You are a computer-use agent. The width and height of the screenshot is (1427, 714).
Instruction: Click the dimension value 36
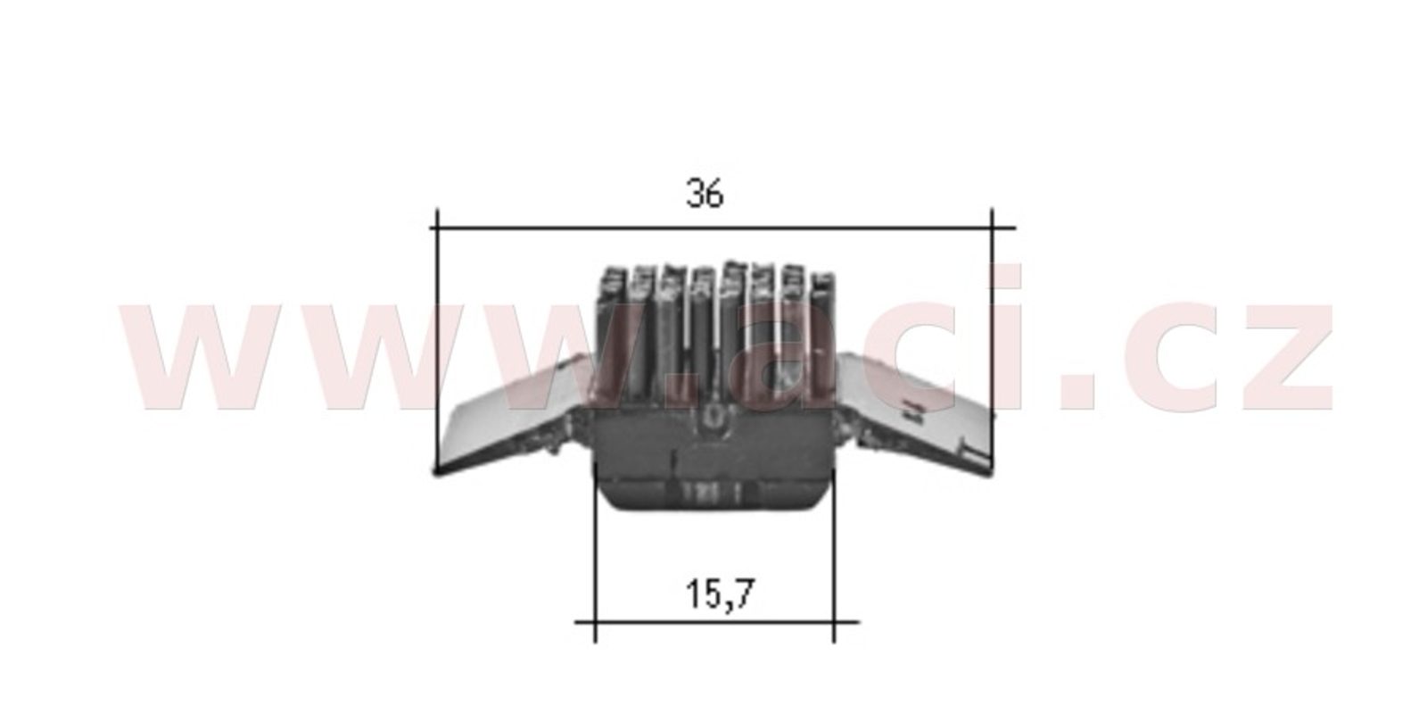click(x=705, y=193)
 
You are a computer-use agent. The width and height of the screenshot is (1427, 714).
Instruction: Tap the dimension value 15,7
click(x=720, y=594)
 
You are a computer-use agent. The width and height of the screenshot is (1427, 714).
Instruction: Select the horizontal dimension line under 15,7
click(x=717, y=621)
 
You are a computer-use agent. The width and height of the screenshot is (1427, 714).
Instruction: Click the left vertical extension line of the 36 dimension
click(x=437, y=341)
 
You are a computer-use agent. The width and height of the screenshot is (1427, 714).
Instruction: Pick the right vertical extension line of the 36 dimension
click(x=992, y=341)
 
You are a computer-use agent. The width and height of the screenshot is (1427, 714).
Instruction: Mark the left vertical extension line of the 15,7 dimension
click(x=595, y=553)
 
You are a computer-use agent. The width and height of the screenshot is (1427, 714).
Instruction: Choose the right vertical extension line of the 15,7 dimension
click(x=834, y=553)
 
